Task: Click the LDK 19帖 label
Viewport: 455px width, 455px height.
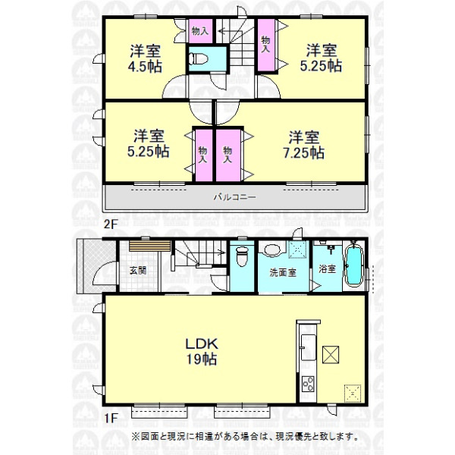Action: (x=202, y=351)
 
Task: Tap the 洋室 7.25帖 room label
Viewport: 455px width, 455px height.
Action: (x=304, y=145)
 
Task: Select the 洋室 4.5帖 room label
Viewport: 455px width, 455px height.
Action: (x=145, y=58)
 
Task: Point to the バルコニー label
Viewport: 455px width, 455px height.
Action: (x=235, y=197)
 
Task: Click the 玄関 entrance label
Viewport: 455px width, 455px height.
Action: (x=138, y=271)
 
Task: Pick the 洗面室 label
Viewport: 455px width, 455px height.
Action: (x=283, y=273)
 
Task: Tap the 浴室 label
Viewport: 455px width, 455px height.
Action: (x=328, y=269)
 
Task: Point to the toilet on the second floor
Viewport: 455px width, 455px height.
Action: (x=199, y=59)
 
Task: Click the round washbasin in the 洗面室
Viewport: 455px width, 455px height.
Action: (x=272, y=250)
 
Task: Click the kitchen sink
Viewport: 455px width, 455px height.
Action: (x=308, y=347)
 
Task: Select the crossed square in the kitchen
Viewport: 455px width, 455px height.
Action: (x=331, y=354)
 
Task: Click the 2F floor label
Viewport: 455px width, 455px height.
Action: (x=110, y=224)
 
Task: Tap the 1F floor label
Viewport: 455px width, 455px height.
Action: (x=111, y=418)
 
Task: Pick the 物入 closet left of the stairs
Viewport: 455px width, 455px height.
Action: (x=200, y=31)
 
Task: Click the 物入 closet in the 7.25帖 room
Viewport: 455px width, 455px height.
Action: (x=228, y=155)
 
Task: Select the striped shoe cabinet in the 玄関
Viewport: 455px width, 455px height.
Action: (x=149, y=246)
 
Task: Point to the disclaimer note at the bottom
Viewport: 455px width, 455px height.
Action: (x=244, y=437)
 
